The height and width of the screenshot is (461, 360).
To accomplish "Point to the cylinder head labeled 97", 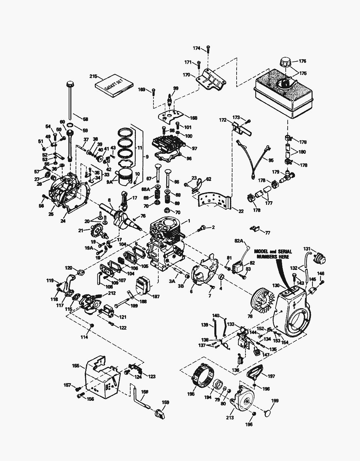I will [169, 144].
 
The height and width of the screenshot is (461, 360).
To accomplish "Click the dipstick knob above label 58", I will [69, 84].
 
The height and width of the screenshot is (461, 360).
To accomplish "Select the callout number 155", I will [76, 365].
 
